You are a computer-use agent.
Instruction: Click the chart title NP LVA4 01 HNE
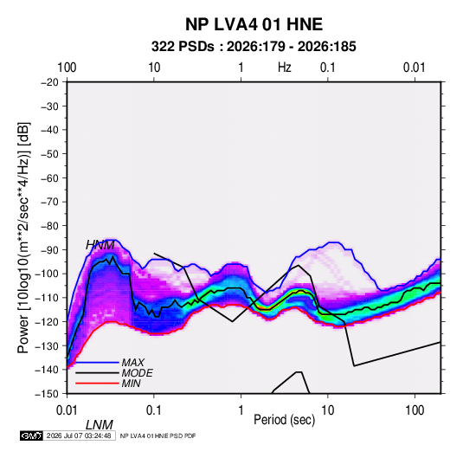click(254, 24)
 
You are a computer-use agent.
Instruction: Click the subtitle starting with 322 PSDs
click(254, 47)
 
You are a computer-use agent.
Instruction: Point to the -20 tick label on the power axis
click(49, 82)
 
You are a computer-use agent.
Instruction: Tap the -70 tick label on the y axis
click(49, 202)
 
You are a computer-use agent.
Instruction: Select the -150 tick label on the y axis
click(47, 394)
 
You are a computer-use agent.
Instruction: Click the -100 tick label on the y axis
click(47, 274)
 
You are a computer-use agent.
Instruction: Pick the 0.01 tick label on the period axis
click(67, 410)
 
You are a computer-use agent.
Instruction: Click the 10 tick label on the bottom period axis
click(327, 410)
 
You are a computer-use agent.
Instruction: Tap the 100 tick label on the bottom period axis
click(415, 410)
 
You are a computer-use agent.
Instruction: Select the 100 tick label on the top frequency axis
click(67, 68)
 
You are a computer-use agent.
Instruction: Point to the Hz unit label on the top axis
click(285, 68)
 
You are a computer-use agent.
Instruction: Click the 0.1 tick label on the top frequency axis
click(328, 68)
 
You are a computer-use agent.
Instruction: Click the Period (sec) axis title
click(285, 420)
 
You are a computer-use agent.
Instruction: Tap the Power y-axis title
click(23, 238)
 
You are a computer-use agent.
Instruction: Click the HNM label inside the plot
click(100, 245)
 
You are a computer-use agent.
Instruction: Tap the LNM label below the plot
click(100, 425)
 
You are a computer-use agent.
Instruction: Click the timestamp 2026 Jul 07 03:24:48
click(79, 435)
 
